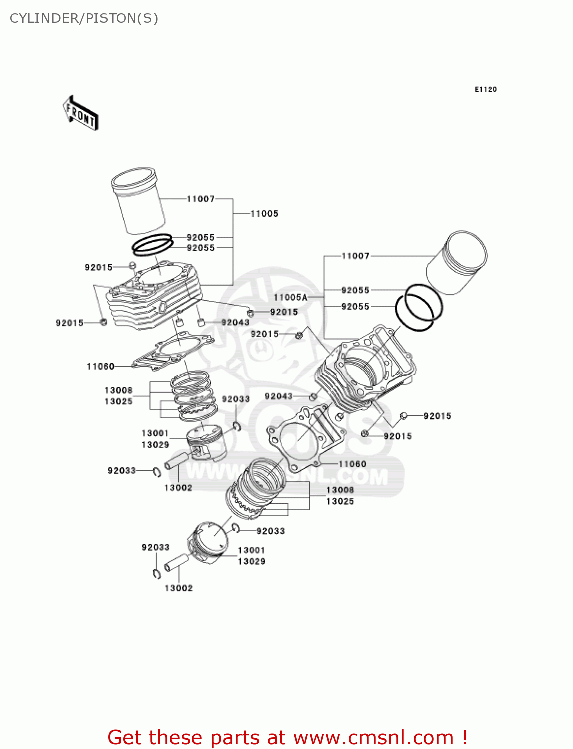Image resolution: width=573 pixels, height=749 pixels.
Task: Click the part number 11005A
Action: [x=290, y=297]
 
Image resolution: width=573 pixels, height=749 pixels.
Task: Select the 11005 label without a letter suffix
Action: [x=264, y=214]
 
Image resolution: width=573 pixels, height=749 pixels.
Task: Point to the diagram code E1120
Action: [x=485, y=89]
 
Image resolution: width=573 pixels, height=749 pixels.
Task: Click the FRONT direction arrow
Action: [x=80, y=113]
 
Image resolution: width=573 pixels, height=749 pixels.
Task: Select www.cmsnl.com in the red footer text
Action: [x=373, y=737]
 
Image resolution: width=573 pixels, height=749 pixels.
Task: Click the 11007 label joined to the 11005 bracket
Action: [x=200, y=199]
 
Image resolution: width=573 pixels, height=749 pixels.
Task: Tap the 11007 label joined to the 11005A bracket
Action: [x=355, y=256]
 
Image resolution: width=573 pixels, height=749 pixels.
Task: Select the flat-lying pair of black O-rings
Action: [x=152, y=245]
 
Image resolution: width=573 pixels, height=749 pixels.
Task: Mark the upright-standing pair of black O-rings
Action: [x=419, y=307]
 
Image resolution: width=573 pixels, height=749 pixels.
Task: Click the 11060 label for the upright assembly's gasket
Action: [x=100, y=367]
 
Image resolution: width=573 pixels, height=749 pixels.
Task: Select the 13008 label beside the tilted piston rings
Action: [x=340, y=490]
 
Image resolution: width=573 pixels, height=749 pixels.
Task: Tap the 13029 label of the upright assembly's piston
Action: [x=155, y=445]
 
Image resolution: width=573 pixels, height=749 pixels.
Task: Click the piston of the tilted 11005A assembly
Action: [x=209, y=542]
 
